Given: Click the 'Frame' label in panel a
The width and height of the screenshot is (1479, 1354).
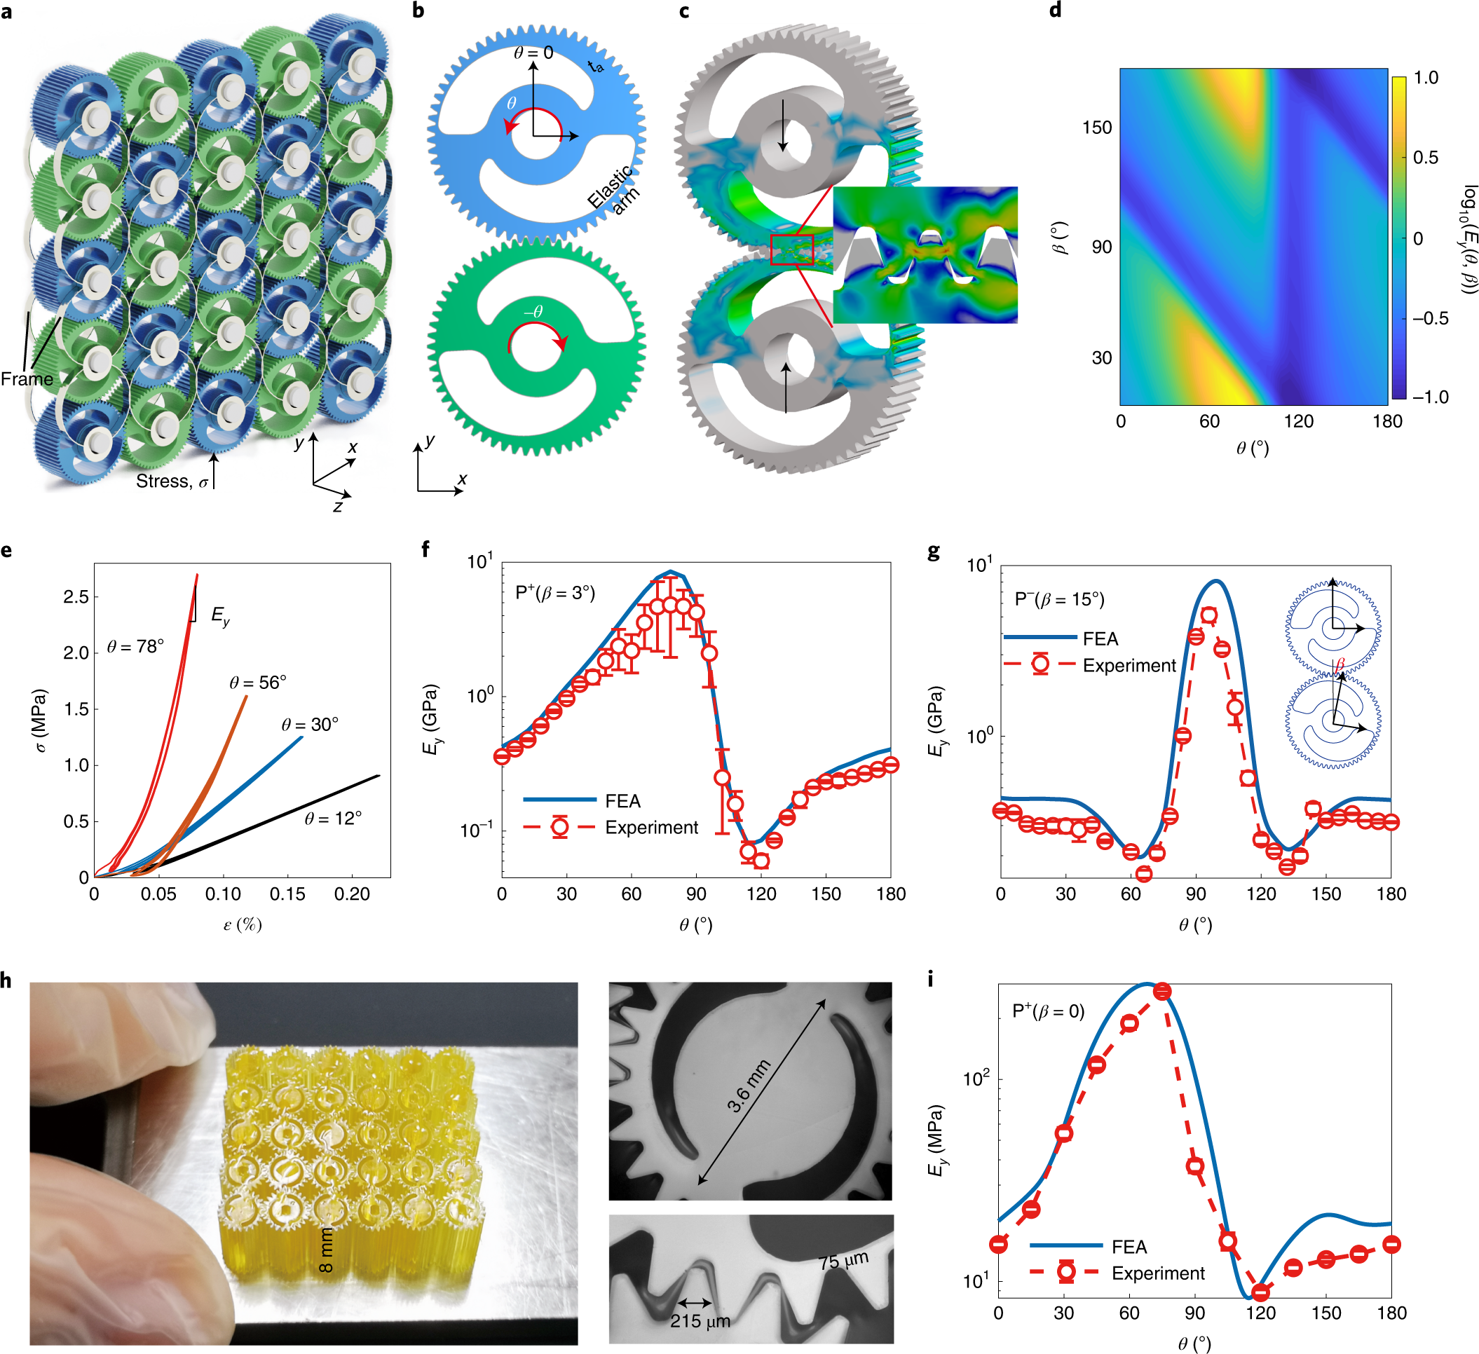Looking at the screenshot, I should (27, 379).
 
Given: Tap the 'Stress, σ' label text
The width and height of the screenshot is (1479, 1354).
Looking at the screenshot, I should (172, 481).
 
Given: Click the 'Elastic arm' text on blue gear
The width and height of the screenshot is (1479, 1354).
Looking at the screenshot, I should (613, 191).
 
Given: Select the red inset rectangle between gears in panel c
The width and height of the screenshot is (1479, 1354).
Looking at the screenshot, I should (791, 249).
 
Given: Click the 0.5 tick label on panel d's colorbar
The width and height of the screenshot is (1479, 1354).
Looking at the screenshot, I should (1426, 158).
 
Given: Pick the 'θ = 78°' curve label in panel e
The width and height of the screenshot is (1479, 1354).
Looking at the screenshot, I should (135, 646).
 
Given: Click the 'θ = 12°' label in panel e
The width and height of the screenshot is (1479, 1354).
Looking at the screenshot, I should (332, 818).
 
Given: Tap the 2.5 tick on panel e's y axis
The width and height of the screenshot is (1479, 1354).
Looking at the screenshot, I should (76, 597).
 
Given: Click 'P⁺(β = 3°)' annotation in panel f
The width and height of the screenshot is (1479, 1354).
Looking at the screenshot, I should (554, 593).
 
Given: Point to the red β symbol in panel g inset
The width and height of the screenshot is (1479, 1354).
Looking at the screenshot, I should (1340, 664).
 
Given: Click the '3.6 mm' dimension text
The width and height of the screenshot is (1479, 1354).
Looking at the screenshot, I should (749, 1086).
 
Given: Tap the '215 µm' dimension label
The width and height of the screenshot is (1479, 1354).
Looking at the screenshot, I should (699, 1321).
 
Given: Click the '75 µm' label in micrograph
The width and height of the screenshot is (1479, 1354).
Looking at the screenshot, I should (843, 1260).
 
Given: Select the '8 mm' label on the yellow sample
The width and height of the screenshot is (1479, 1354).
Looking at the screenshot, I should (326, 1250).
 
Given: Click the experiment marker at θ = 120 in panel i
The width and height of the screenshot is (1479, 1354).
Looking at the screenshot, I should (1260, 1292).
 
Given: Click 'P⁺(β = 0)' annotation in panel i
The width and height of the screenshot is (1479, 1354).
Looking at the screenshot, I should (1048, 1011).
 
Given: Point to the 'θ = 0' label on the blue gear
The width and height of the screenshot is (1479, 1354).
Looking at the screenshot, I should (533, 53).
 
